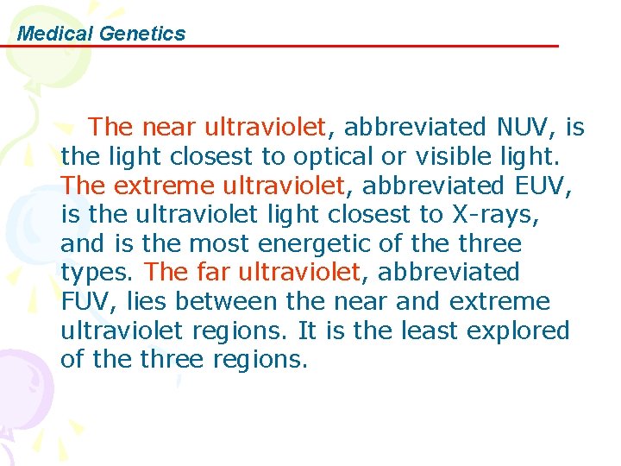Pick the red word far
(x=214, y=273)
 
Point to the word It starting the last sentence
(x=307, y=331)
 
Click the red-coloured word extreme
(x=161, y=186)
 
